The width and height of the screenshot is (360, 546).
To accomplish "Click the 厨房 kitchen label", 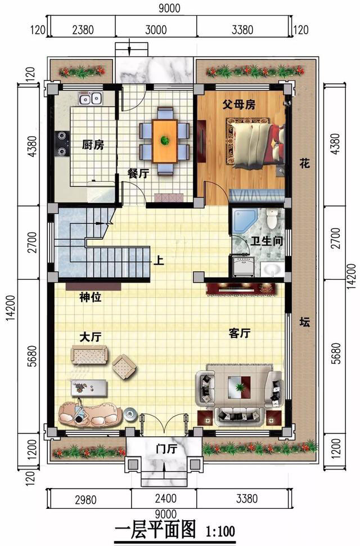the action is click(93, 145).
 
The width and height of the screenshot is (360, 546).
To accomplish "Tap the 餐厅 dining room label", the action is click(138, 173).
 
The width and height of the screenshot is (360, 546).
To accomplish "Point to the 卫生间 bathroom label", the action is click(267, 241).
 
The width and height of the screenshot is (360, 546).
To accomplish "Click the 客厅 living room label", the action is click(240, 333).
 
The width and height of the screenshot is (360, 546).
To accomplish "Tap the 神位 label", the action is click(91, 297).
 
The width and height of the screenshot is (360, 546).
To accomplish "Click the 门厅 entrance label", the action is click(166, 449).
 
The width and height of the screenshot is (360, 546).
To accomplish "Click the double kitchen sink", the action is click(90, 99).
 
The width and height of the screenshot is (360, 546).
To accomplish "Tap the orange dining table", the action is click(165, 141).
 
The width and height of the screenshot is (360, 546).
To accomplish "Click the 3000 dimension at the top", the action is click(156, 30).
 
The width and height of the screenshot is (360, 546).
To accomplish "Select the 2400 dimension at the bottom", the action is click(165, 498).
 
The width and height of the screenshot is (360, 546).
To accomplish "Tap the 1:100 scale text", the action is click(220, 531).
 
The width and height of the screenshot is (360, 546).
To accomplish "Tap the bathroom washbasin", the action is click(272, 269).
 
